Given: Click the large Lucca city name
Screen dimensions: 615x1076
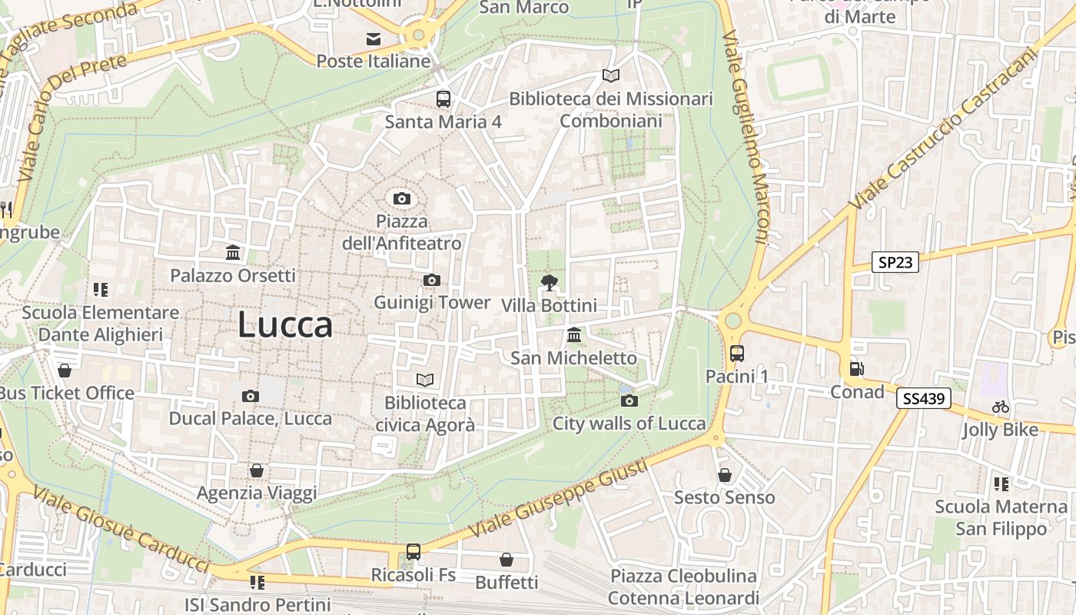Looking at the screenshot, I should pos(285,325).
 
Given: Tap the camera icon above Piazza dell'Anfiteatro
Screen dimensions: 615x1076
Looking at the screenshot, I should pos(401,199).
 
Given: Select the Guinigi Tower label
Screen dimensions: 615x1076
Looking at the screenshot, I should pos(432,303).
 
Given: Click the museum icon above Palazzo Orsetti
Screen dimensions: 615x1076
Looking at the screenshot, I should pos(233,253).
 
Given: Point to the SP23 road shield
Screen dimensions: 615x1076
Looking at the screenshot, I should pos(896,262).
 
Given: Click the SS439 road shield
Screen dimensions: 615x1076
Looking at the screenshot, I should pos(923,398).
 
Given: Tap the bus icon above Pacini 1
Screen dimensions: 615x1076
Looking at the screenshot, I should pos(737,354).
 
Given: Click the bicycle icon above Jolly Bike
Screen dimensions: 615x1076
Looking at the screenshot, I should pos(1000,407).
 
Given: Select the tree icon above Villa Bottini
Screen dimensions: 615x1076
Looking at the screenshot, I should pos(549,283).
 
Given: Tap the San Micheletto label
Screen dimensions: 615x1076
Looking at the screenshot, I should pos(574,358).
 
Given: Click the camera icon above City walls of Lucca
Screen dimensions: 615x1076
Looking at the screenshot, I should pos(629,401).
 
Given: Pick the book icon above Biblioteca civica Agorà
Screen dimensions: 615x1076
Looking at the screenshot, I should pos(425,380).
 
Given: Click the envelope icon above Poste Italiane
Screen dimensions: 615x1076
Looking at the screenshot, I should pos(374,38).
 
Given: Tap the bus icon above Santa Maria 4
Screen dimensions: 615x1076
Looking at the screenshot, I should pos(443,99).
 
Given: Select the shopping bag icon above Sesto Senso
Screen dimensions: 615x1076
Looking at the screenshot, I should pos(725,475).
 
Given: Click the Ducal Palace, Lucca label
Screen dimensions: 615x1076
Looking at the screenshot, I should pos(251,419).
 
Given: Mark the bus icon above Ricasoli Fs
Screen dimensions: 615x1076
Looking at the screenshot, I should pos(413,551).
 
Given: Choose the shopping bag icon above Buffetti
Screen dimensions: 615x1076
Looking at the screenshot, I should pos(506,559).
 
